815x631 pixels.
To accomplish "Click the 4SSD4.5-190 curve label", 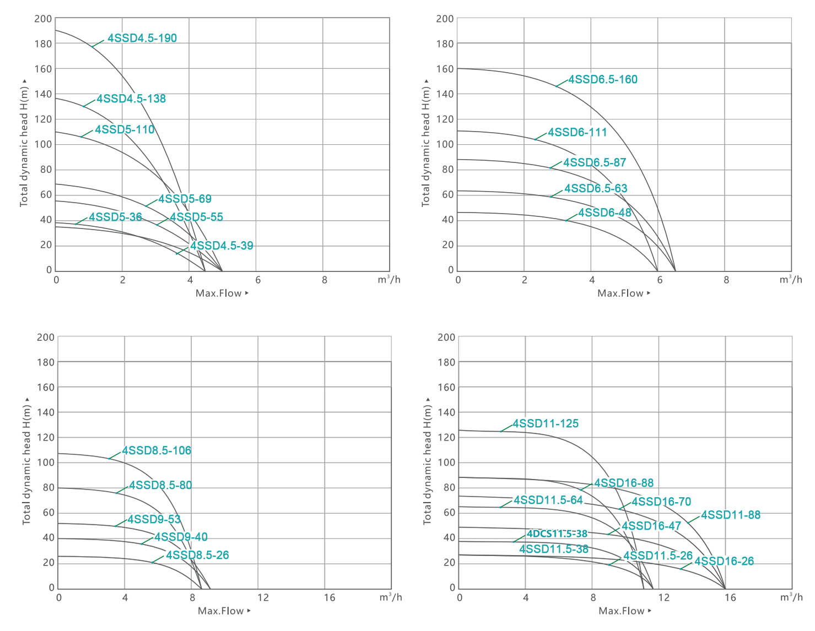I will click(142, 38).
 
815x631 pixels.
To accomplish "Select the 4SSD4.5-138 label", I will click(131, 99).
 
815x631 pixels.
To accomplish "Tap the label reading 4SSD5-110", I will click(125, 129).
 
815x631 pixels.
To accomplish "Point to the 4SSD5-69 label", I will click(185, 199).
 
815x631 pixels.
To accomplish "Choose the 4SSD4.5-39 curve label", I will click(222, 246).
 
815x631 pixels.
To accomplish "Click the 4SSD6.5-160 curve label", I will click(603, 79).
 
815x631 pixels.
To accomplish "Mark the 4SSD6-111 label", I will click(577, 132).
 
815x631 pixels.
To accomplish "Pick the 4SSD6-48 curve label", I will click(604, 213).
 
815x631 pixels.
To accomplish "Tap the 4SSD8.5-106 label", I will click(156, 450).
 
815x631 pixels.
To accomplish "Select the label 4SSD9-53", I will click(154, 519).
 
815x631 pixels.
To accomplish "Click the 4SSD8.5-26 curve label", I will click(197, 555).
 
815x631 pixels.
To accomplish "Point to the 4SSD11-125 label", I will click(546, 423).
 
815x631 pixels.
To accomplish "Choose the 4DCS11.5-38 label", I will click(557, 534).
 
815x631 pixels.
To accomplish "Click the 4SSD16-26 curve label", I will click(724, 561).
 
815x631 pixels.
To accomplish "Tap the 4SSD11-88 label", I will click(731, 515).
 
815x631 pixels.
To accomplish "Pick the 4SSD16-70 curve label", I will click(661, 502).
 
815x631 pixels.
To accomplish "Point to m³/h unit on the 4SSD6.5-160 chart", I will click(791, 280).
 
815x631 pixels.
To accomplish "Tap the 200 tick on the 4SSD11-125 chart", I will click(446, 337).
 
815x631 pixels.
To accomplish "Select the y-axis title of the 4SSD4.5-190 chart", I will click(24, 143).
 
